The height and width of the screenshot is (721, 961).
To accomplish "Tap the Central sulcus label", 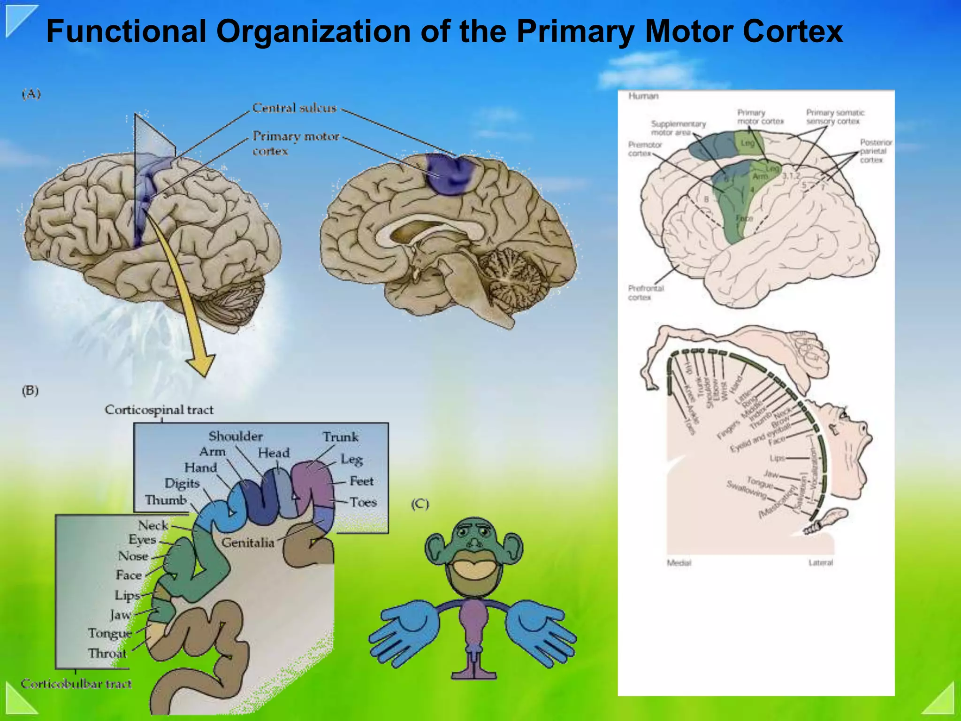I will tap(294, 108).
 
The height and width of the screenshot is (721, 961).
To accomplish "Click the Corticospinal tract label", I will tap(159, 410).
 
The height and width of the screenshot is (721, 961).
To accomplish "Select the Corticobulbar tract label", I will tap(76, 683).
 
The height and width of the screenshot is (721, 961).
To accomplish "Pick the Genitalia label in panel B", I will tap(248, 543).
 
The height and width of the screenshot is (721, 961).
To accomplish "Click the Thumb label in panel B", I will tap(166, 500).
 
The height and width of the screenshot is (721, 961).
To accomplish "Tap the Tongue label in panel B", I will tap(110, 633).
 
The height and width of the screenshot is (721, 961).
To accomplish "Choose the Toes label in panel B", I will tap(363, 502).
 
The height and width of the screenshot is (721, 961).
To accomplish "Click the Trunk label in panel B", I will tap(341, 437).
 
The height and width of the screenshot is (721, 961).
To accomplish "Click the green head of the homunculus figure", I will tap(474, 540).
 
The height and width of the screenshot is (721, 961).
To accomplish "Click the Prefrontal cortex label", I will tap(646, 292).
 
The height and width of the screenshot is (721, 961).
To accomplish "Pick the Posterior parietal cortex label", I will tap(876, 151).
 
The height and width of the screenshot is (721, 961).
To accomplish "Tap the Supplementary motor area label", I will tap(678, 128).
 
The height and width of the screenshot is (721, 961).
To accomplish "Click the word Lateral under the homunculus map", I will tap(820, 562).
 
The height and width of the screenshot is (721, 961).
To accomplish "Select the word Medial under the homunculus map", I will tap(679, 562).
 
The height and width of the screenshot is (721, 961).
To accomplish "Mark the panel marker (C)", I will tap(420, 504).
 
